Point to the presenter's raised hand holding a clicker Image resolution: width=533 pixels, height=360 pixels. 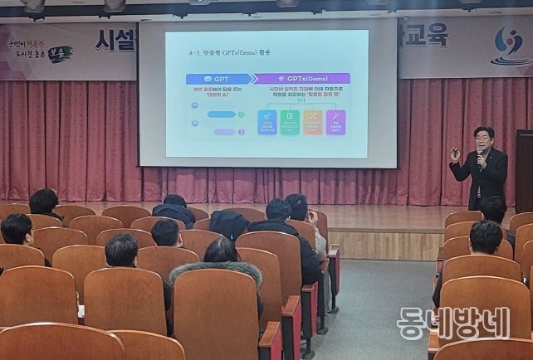[455, 154]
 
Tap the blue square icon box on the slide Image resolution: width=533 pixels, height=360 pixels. [267, 123]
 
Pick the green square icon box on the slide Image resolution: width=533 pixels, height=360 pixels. [290, 123]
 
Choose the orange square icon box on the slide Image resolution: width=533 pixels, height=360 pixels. [313, 123]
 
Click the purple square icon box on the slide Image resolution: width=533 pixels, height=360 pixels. [335, 123]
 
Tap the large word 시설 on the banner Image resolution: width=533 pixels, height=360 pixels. [115, 41]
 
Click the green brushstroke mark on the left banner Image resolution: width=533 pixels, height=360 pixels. [59, 54]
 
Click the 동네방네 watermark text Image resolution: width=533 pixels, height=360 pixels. [452, 324]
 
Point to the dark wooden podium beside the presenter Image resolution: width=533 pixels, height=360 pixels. [524, 170]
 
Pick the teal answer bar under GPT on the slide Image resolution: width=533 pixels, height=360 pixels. [221, 114]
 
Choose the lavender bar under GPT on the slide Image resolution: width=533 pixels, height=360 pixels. [224, 132]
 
